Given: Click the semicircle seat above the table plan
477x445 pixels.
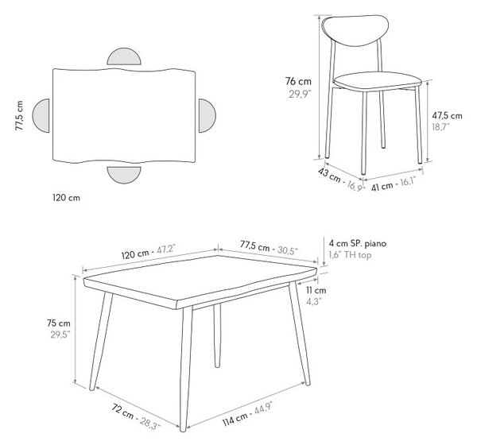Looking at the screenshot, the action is coord(124,57).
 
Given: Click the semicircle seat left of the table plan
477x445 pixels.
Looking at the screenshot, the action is coord(41,115).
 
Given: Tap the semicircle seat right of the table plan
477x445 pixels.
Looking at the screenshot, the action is coord(207,115).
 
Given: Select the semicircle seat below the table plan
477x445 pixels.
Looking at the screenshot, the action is coord(124,175).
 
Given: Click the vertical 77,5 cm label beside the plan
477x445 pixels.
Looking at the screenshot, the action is coord(19,115).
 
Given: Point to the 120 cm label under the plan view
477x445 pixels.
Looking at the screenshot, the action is coord(66,198).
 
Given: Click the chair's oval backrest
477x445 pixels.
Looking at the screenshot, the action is coord(355,30).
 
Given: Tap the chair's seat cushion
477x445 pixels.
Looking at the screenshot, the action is coord(378,81).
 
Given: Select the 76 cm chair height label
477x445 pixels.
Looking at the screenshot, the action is coord(298,82).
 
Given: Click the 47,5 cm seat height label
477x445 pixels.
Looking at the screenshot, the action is coord(447,115).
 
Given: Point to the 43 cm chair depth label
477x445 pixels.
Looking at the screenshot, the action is coord(329,176).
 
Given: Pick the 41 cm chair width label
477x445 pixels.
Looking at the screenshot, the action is coord(382,186).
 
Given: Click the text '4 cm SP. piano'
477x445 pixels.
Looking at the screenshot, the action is coord(358,243).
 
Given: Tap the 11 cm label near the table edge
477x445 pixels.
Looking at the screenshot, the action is coord(316,291).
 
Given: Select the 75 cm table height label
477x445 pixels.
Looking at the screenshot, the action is coord(59,323).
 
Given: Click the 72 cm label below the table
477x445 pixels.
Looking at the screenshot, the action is coord(122,411).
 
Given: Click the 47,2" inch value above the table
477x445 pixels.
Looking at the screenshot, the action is coord(166,250).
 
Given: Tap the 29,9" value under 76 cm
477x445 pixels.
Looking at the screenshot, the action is coord(301,95).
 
